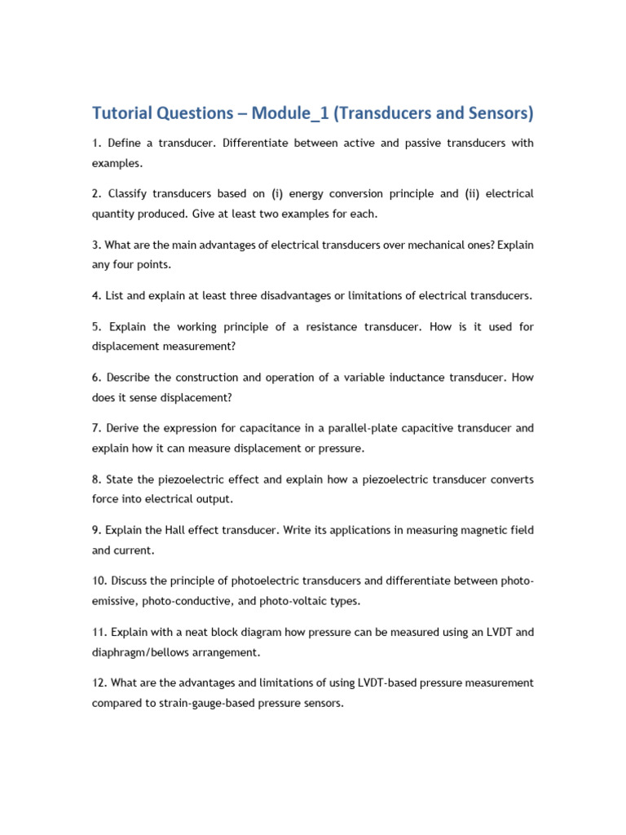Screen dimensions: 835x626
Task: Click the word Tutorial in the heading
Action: pos(125,113)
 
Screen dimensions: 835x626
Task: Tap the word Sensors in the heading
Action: pos(496,113)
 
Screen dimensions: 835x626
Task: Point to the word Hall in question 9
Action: pos(176,530)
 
